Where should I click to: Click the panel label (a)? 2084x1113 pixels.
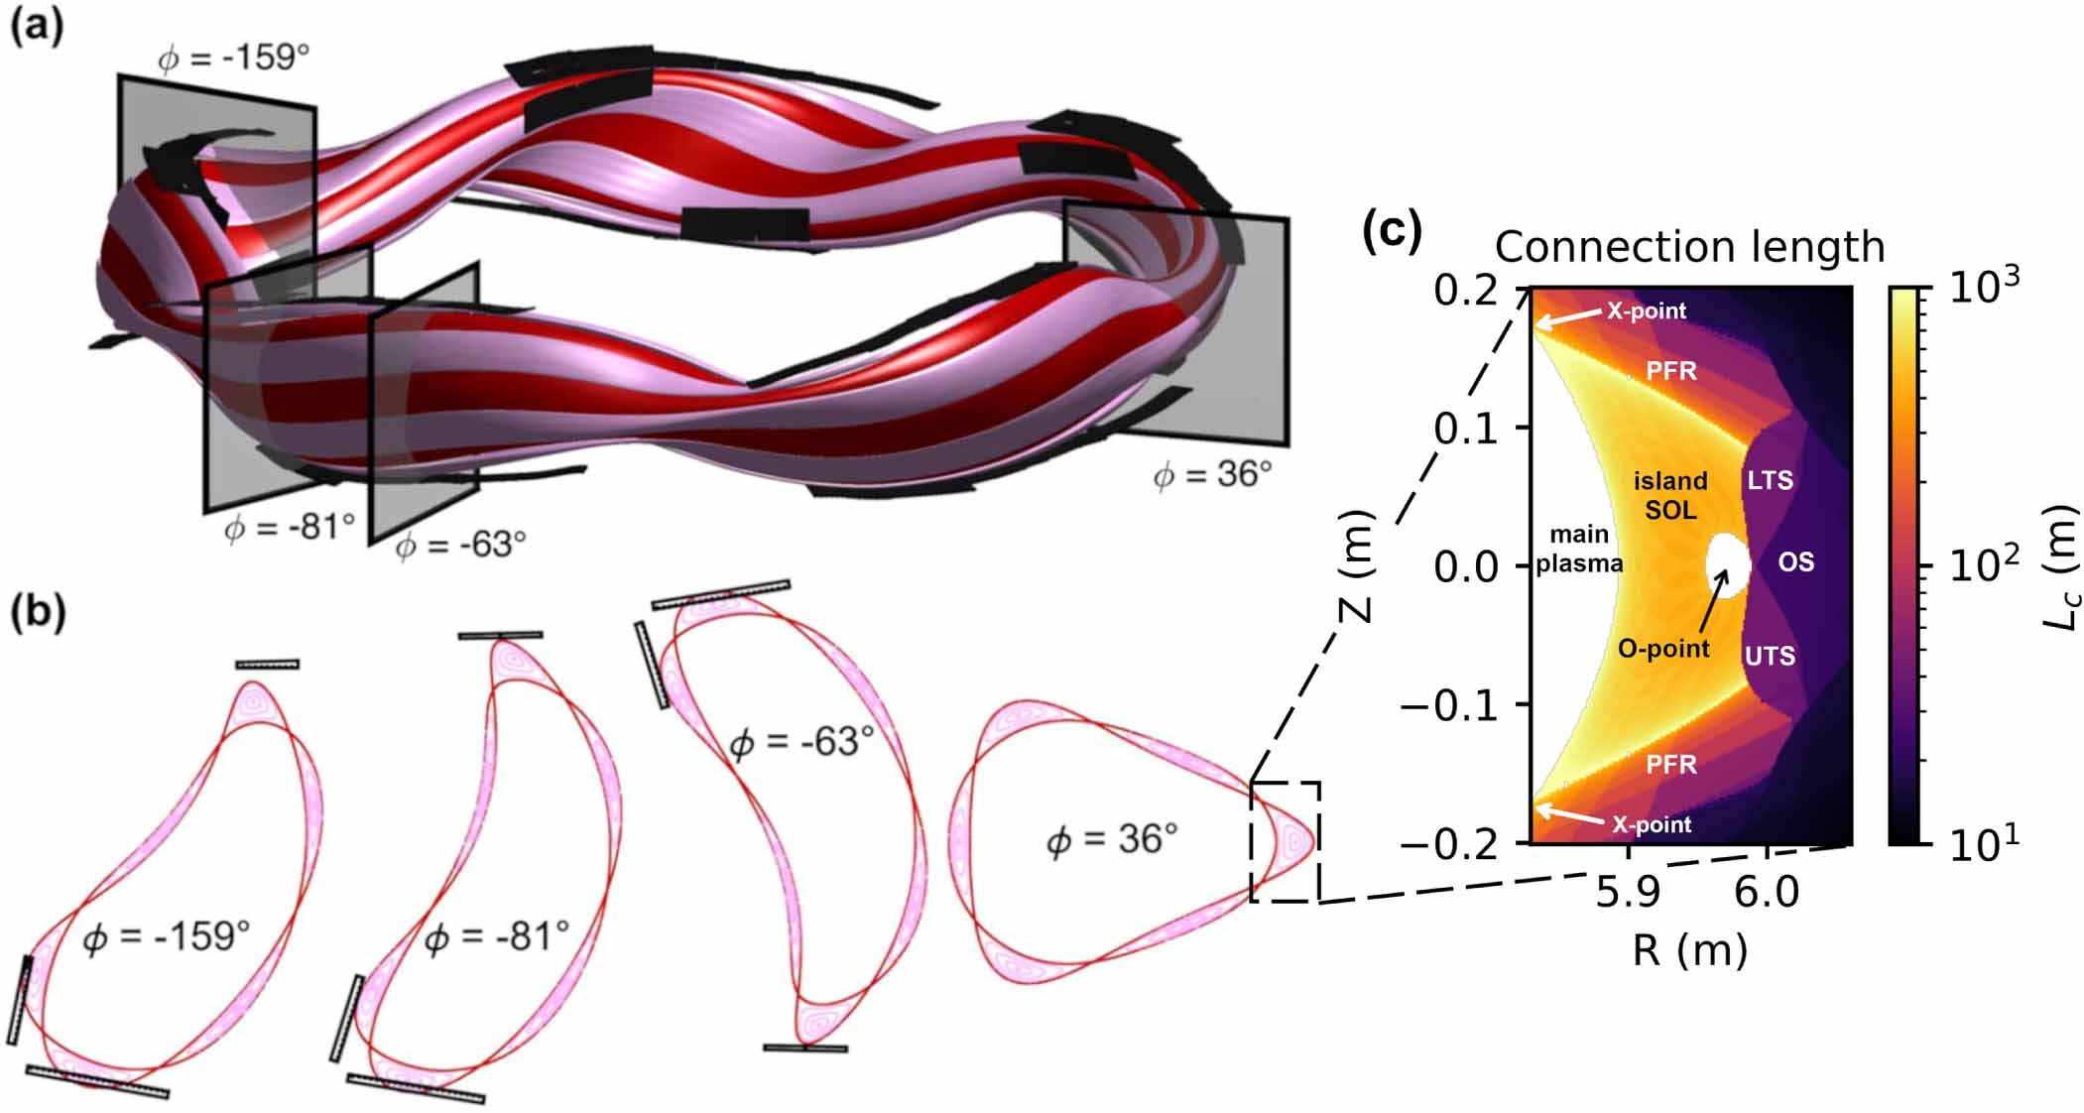click(x=38, y=27)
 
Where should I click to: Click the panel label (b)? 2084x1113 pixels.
click(x=38, y=613)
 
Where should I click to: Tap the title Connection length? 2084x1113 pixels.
click(x=1689, y=247)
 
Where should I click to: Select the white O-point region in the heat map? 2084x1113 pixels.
click(x=1728, y=566)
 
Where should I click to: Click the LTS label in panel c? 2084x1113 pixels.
click(x=1770, y=481)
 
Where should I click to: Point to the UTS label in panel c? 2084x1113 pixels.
click(x=1770, y=656)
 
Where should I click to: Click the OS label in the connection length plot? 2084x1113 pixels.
click(x=1795, y=562)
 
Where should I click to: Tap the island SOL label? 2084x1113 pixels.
click(x=1670, y=495)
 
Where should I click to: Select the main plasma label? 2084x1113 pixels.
click(x=1579, y=549)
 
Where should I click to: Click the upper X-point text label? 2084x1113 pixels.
click(x=1647, y=310)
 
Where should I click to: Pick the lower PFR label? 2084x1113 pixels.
click(x=1671, y=765)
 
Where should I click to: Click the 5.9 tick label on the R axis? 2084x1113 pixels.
click(x=1628, y=892)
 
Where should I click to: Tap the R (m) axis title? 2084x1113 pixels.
click(x=1689, y=950)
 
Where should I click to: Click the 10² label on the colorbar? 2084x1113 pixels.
click(x=1983, y=565)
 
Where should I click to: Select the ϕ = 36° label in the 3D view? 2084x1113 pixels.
click(x=1212, y=474)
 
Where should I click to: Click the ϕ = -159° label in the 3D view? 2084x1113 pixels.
click(x=234, y=59)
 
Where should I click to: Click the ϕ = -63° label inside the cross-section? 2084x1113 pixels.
click(x=801, y=742)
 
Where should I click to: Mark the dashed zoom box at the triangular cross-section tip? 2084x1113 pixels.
click(x=1285, y=842)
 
